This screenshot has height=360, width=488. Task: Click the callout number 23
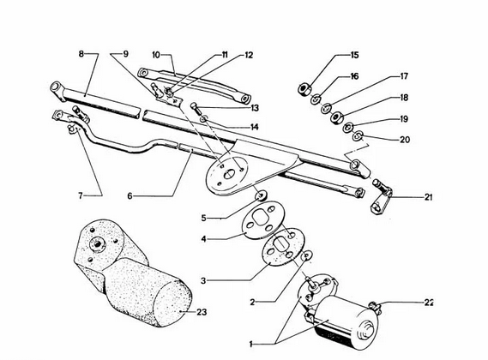pos(202,312)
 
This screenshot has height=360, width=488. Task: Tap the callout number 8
pos(81,54)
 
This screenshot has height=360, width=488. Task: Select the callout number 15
pos(354,55)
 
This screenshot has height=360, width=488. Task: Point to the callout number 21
pos(429,197)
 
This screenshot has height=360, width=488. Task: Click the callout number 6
pos(130,196)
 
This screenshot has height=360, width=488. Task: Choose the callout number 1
pos(251,344)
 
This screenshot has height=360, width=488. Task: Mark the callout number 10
pos(156,55)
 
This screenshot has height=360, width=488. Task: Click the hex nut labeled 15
pos(303,88)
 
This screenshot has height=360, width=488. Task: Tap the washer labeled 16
pos(316,99)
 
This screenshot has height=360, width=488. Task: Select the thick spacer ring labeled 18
pos(336,117)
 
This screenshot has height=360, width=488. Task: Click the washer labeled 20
pos(358,135)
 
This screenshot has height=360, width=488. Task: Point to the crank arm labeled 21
pos(382,197)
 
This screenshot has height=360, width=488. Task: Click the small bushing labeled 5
pos(261,196)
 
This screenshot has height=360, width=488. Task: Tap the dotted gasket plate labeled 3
pos(284,247)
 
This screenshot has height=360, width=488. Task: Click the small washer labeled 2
pos(308,256)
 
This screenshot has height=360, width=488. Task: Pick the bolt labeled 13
pos(194,109)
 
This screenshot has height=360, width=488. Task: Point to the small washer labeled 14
pos(204,119)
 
